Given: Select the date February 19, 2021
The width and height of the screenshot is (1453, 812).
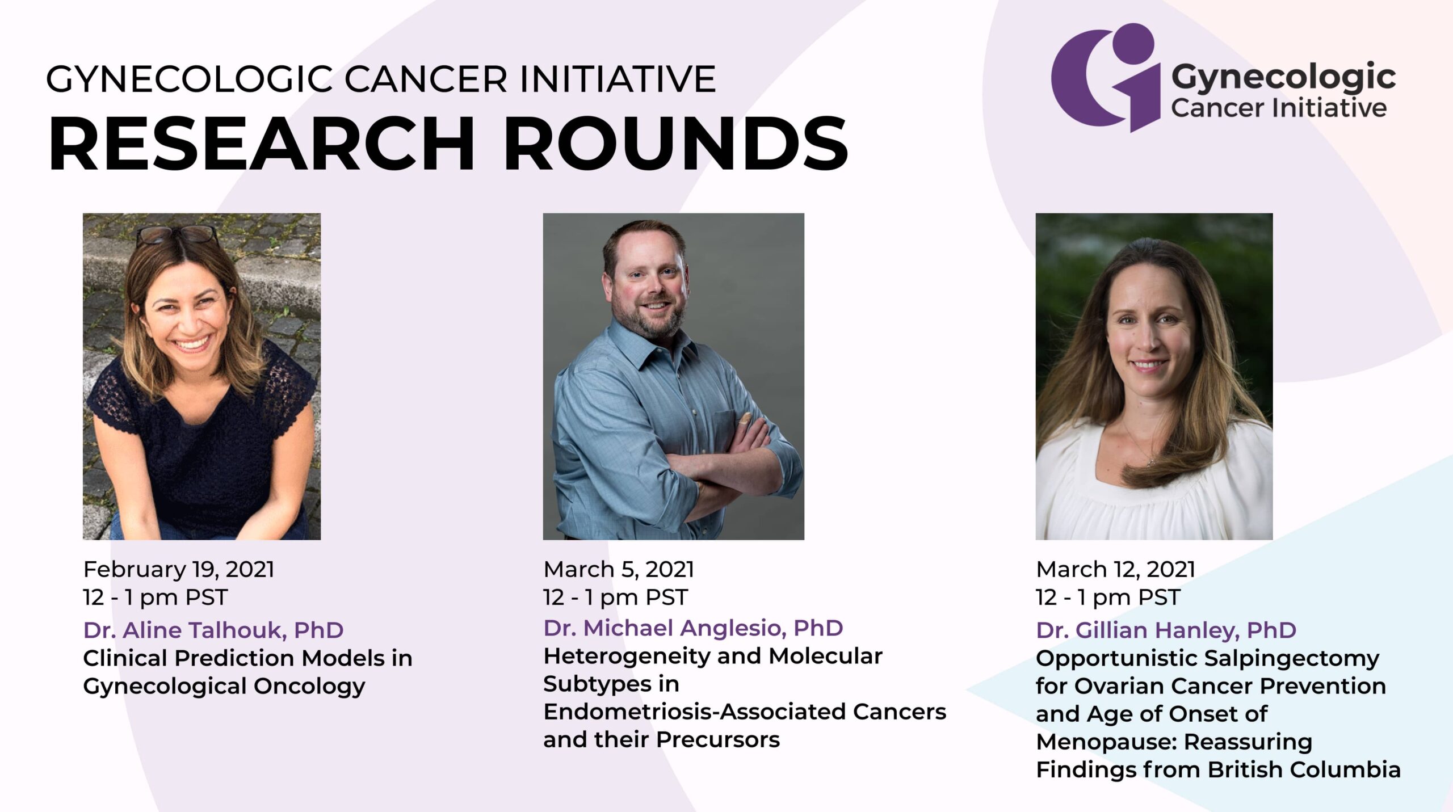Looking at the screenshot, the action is click(x=179, y=569).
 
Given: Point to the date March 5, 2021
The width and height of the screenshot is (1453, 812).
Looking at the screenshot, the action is click(x=619, y=569).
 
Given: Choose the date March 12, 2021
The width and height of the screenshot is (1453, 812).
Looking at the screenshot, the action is click(x=1116, y=569).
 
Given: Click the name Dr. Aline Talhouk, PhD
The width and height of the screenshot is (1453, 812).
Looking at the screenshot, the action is click(x=213, y=630).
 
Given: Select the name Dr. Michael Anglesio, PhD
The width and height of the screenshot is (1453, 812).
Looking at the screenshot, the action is click(x=693, y=628).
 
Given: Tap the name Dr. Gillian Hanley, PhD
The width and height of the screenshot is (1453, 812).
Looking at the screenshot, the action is click(x=1166, y=630).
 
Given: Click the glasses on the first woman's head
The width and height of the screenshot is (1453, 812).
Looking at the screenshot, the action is click(x=177, y=234).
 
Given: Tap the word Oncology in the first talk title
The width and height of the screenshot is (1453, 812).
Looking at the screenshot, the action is click(x=309, y=687).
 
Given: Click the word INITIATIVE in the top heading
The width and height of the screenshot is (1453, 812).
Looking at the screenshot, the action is click(x=618, y=79).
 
